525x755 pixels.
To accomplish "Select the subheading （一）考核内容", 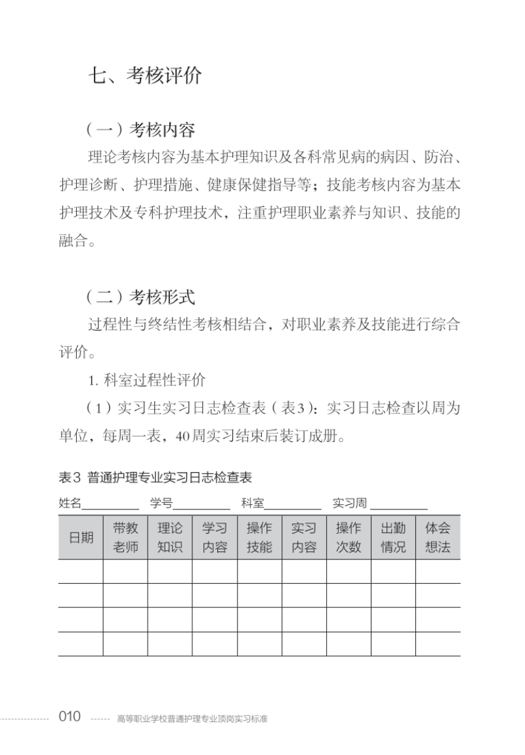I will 140,129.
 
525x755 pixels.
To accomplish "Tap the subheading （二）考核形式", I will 140,297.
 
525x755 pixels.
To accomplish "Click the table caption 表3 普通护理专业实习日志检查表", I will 156,477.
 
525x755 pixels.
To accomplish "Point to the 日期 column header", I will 81,537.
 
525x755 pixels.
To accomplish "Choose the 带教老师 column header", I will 125,537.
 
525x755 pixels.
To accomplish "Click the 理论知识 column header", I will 170,537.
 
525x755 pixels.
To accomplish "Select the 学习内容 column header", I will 215,537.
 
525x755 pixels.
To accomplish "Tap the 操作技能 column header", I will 259,537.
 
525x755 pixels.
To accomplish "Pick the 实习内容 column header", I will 304,537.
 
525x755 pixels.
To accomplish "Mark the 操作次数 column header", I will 348,537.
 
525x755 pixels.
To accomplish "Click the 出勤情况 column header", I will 393,537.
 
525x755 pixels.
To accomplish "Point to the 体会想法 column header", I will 438,537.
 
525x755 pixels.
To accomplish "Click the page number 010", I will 70,716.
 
